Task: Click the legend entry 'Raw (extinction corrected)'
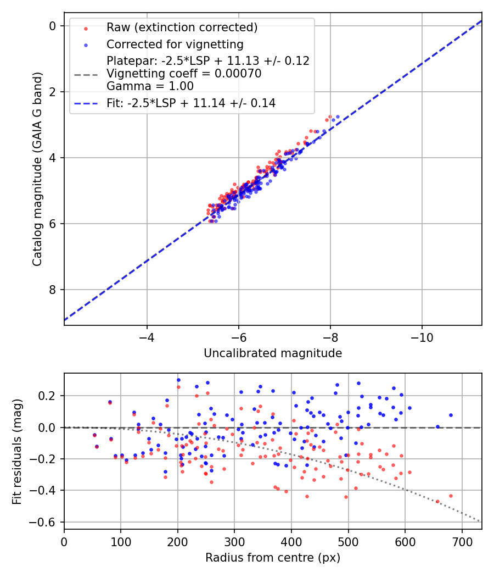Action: [182, 27]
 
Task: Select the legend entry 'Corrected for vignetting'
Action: [175, 44]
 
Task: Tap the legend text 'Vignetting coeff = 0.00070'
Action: [184, 74]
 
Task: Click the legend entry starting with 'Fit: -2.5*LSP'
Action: [191, 103]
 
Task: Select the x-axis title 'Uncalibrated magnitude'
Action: [273, 353]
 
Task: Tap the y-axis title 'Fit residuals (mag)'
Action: [17, 451]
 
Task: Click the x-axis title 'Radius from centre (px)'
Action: [273, 558]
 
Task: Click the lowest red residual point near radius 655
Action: [437, 501]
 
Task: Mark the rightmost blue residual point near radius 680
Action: [451, 415]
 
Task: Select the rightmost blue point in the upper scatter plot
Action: [337, 117]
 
